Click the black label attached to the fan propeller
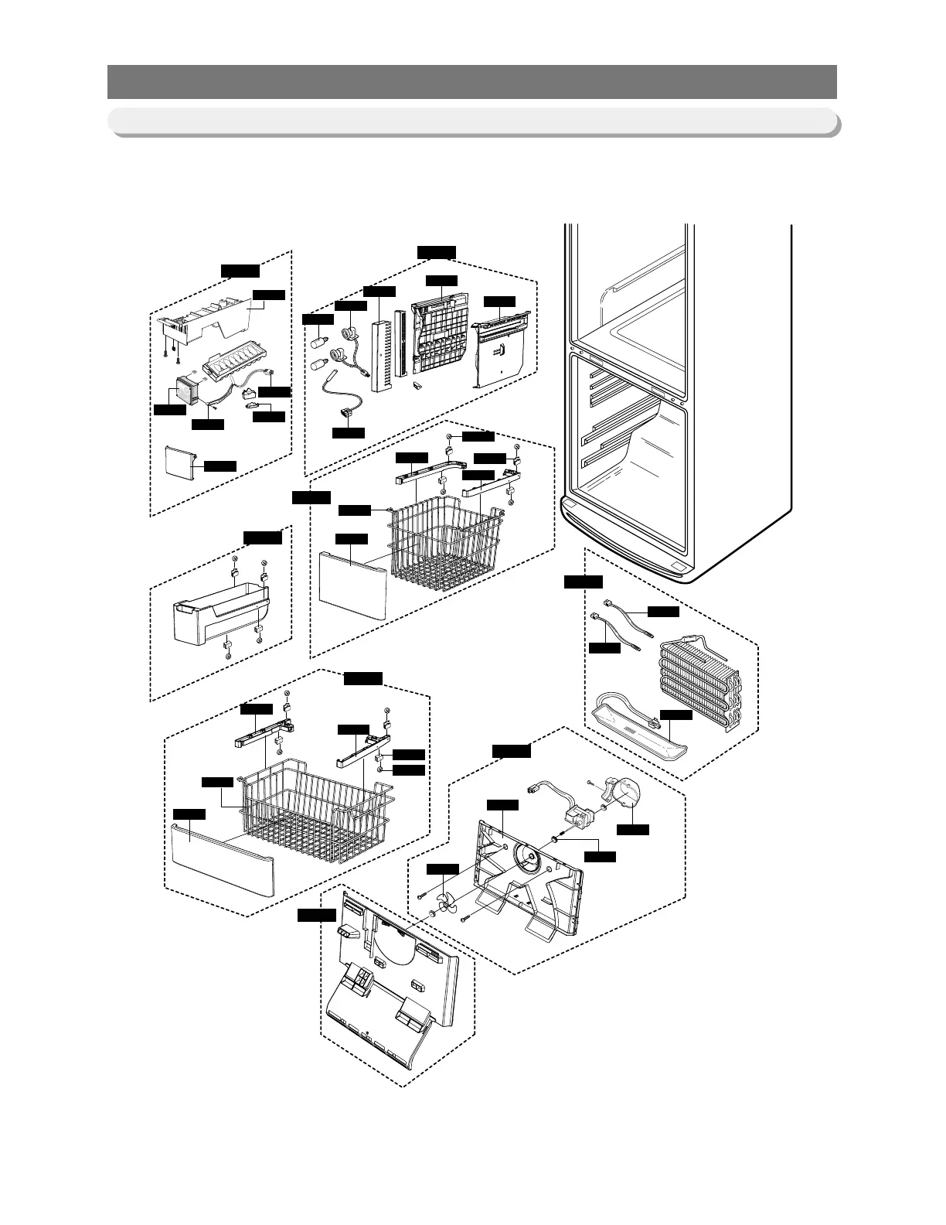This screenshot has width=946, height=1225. [x=444, y=869]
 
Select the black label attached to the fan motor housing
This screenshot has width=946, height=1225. [x=632, y=830]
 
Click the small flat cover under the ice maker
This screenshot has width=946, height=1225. [x=183, y=462]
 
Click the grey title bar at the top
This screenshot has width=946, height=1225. [x=471, y=82]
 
